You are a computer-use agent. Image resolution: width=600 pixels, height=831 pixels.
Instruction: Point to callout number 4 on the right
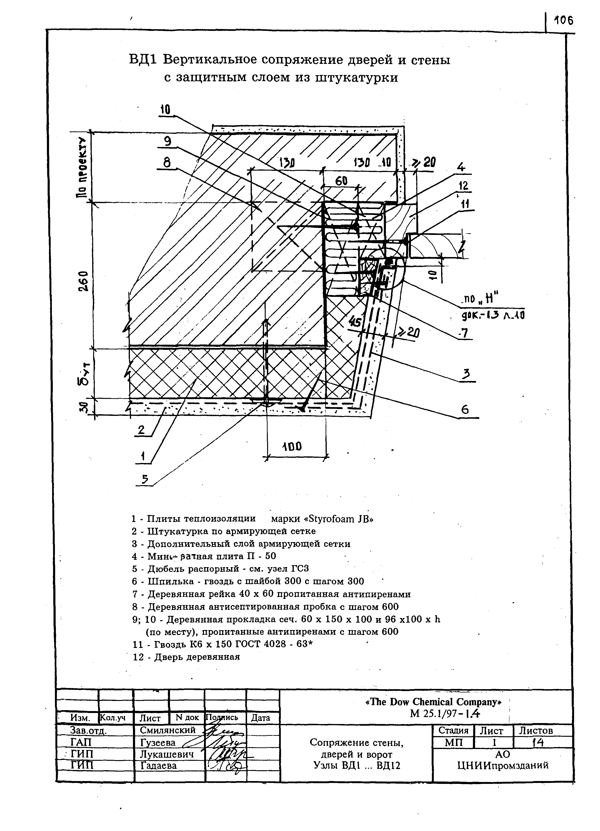(461, 168)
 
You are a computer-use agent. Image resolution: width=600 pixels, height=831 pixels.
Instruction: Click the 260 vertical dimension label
(83, 281)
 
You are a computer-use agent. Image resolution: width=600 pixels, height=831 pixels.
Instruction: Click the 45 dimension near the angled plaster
(355, 322)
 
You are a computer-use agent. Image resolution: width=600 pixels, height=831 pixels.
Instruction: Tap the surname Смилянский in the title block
(168, 730)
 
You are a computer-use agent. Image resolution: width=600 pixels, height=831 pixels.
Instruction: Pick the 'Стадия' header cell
(453, 730)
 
